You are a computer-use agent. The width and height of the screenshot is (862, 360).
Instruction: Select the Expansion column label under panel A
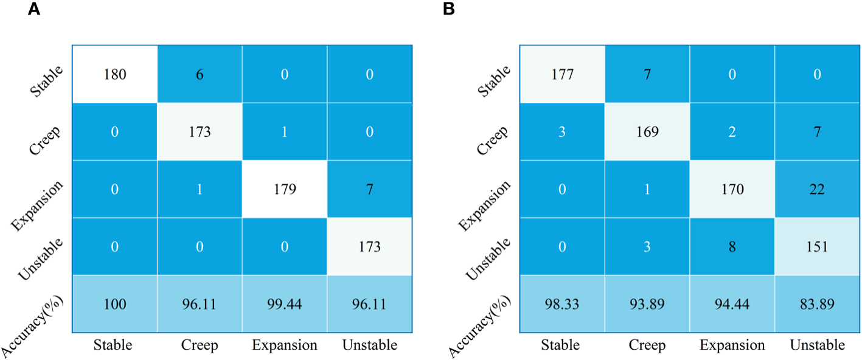[284, 345]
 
